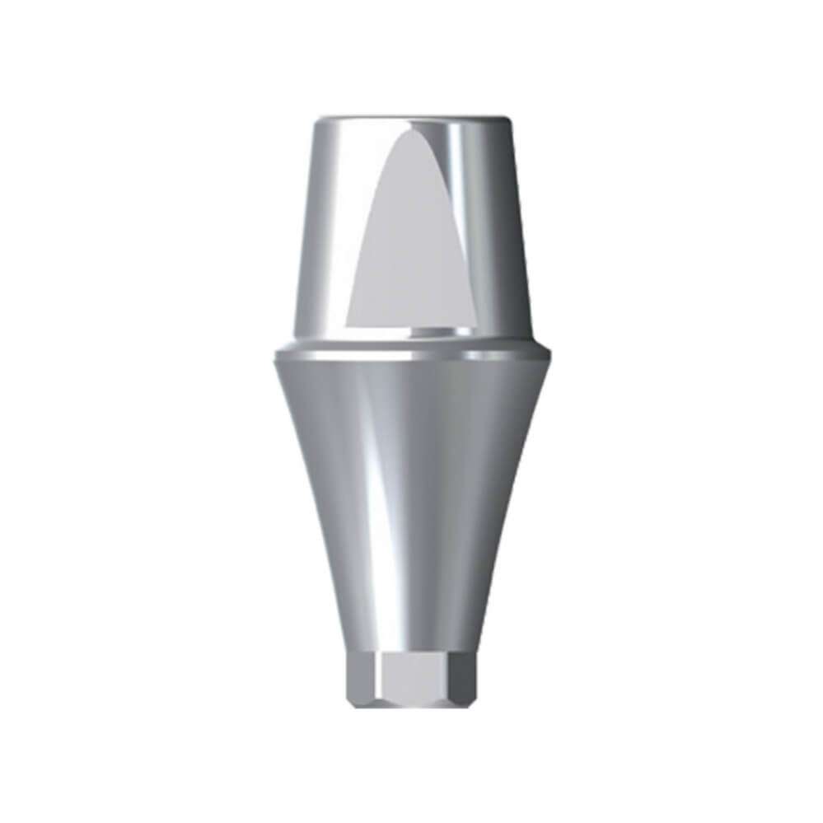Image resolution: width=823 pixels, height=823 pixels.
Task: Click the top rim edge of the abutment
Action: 412,119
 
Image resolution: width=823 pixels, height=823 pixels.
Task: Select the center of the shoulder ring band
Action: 412,355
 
